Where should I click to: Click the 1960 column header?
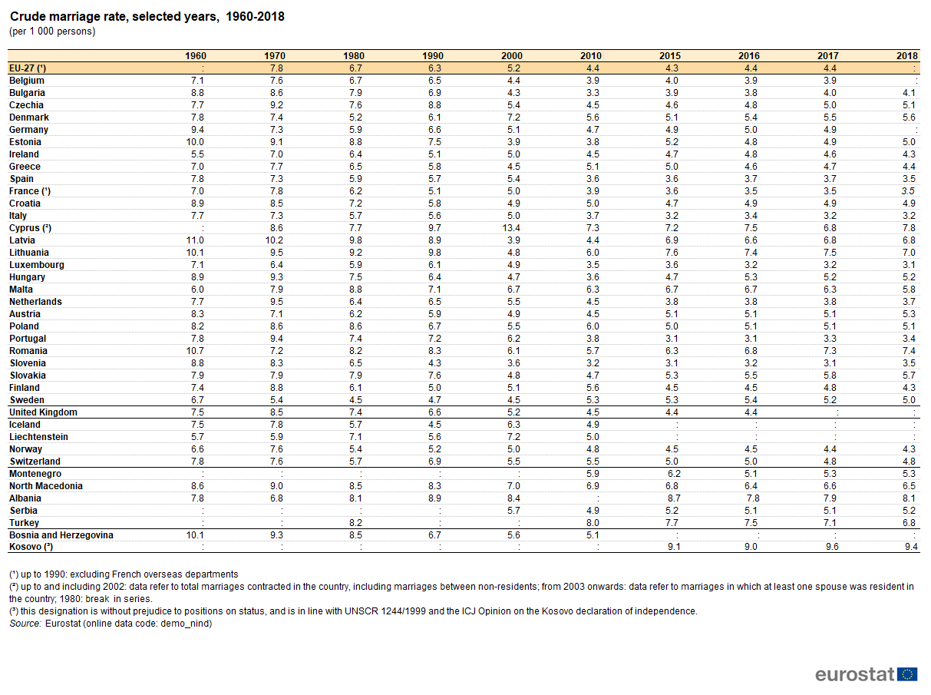click(x=196, y=56)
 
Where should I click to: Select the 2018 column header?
click(x=907, y=56)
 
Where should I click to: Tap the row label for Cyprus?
click(x=30, y=228)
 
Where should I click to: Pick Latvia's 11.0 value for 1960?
click(x=195, y=240)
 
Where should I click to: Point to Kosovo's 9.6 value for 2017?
click(x=832, y=547)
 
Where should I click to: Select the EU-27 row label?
click(x=28, y=68)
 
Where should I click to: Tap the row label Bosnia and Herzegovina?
click(x=61, y=535)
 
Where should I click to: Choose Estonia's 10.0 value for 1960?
click(x=195, y=142)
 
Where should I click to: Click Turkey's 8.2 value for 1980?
click(x=355, y=523)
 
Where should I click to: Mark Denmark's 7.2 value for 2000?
click(x=513, y=117)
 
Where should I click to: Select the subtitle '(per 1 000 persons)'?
click(x=52, y=31)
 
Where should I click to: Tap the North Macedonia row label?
click(x=46, y=486)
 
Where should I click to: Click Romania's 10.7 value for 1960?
click(x=195, y=351)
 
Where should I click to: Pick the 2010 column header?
click(x=591, y=56)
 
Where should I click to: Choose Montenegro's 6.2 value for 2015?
click(x=674, y=474)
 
